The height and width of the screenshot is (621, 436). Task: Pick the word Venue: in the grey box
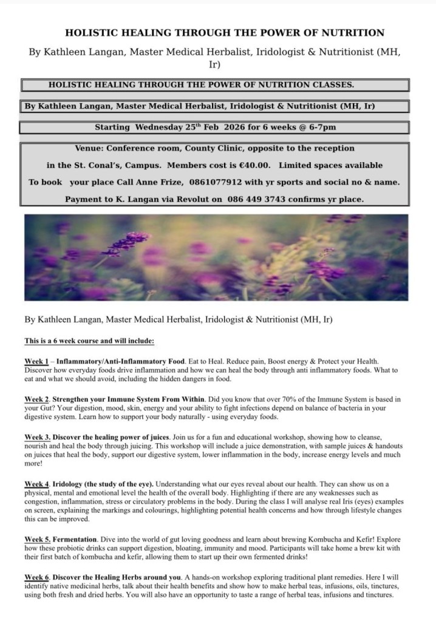tap(92, 148)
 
